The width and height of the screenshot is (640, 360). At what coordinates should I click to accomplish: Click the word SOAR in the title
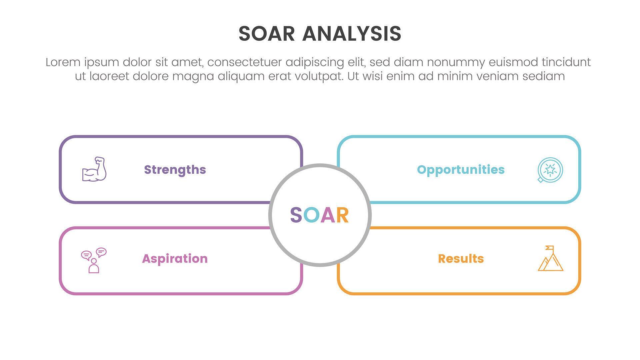pos(267,34)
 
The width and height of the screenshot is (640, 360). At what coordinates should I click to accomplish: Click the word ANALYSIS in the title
pos(352,34)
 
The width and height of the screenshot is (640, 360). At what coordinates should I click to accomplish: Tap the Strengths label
pos(175,170)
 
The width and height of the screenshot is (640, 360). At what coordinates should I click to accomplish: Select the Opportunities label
pos(461,170)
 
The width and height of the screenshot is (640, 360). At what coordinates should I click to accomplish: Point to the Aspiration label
pos(175,259)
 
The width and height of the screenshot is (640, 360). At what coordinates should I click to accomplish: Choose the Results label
pos(461,259)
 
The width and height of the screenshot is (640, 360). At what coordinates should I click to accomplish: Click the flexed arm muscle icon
pos(94,169)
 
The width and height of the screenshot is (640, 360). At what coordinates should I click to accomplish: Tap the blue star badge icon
pos(550,170)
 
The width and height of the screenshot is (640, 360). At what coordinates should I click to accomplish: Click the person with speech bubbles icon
pos(94,260)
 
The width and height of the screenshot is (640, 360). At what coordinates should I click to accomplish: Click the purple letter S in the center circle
pos(296,215)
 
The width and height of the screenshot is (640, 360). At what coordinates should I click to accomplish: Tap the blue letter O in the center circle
pos(312,215)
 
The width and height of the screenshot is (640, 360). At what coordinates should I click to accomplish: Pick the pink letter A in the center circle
pos(327,215)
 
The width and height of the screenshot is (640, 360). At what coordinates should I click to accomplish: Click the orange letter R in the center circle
pos(342,215)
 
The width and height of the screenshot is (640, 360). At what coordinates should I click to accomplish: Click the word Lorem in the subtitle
pos(63,62)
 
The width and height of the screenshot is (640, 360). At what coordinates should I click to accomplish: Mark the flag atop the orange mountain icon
pos(550,248)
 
